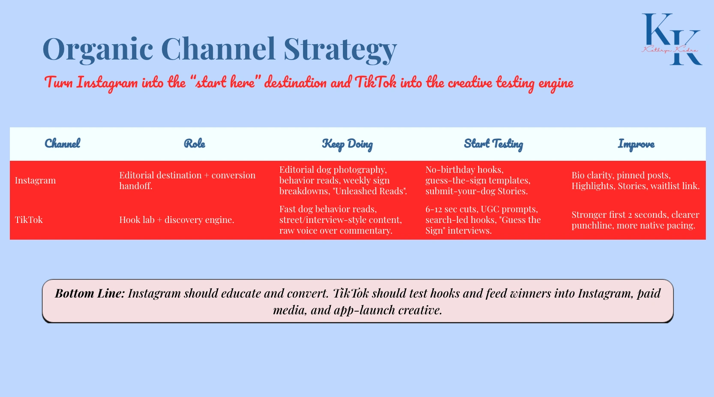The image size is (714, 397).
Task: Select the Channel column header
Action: [63, 144]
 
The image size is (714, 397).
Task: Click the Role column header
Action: [195, 144]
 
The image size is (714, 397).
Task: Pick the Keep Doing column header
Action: [347, 144]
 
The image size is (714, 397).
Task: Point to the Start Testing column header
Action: [493, 144]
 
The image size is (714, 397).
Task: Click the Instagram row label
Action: [36, 180]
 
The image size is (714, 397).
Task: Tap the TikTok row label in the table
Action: [29, 220]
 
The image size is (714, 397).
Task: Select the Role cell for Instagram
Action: [187, 180]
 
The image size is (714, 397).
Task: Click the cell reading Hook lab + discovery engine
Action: [177, 220]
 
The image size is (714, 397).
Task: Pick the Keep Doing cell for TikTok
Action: [340, 220]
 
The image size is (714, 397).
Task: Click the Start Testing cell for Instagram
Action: [478, 180]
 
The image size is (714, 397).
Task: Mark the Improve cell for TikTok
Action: [635, 220]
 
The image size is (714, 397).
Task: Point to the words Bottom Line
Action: [90, 293]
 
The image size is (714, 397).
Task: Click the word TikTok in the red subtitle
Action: [375, 82]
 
